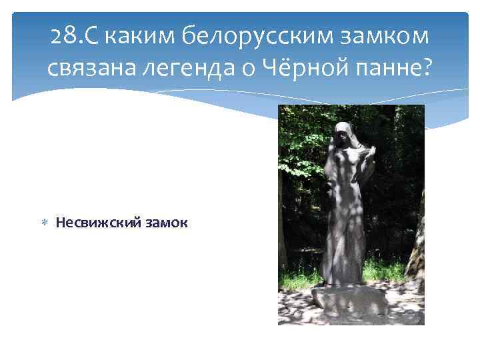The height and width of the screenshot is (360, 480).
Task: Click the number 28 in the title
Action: click(64, 37)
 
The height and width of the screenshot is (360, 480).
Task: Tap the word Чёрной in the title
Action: click(297, 66)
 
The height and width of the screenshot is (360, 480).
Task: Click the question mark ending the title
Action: click(427, 66)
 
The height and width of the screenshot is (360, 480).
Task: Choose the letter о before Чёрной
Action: click(249, 66)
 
